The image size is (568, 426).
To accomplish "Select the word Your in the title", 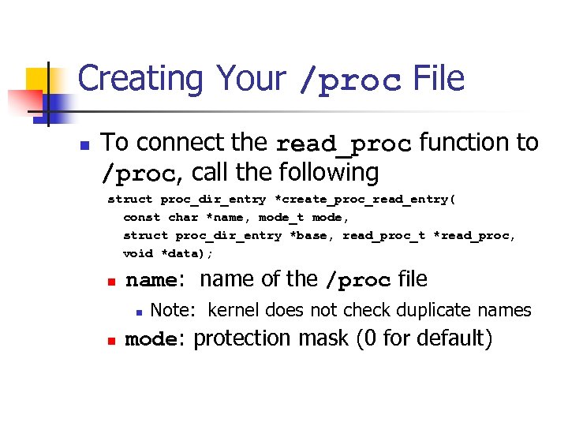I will point(251,80).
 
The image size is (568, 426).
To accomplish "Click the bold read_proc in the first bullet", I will point(344,144).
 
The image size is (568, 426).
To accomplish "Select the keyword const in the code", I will point(142,217).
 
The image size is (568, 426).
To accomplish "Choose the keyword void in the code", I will point(138,253).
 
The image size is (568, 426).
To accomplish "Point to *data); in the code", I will point(187,253).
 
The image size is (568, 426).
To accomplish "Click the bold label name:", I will point(155,280).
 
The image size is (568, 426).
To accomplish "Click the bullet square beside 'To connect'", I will point(84,145).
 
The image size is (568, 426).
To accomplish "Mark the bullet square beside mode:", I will point(111,341).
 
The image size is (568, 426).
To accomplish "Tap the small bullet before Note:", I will point(137,312).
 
